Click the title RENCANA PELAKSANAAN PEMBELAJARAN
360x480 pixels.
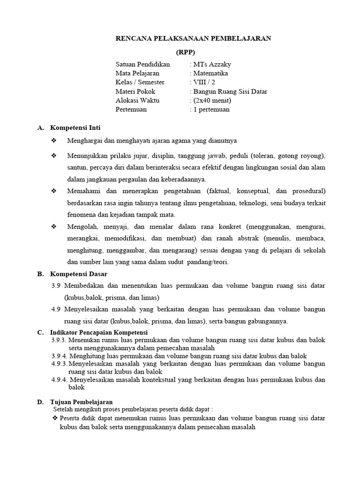(193, 39)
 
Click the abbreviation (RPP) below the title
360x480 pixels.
(185, 52)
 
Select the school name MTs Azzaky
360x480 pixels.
(211, 65)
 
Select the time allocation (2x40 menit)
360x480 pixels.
(211, 101)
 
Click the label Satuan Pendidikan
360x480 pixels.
(143, 65)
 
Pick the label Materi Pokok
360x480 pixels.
(135, 92)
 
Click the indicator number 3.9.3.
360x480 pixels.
(60, 340)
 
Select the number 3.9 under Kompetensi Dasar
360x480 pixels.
(56, 285)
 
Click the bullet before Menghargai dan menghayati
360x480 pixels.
(53, 141)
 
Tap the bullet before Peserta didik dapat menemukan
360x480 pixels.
(55, 418)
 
